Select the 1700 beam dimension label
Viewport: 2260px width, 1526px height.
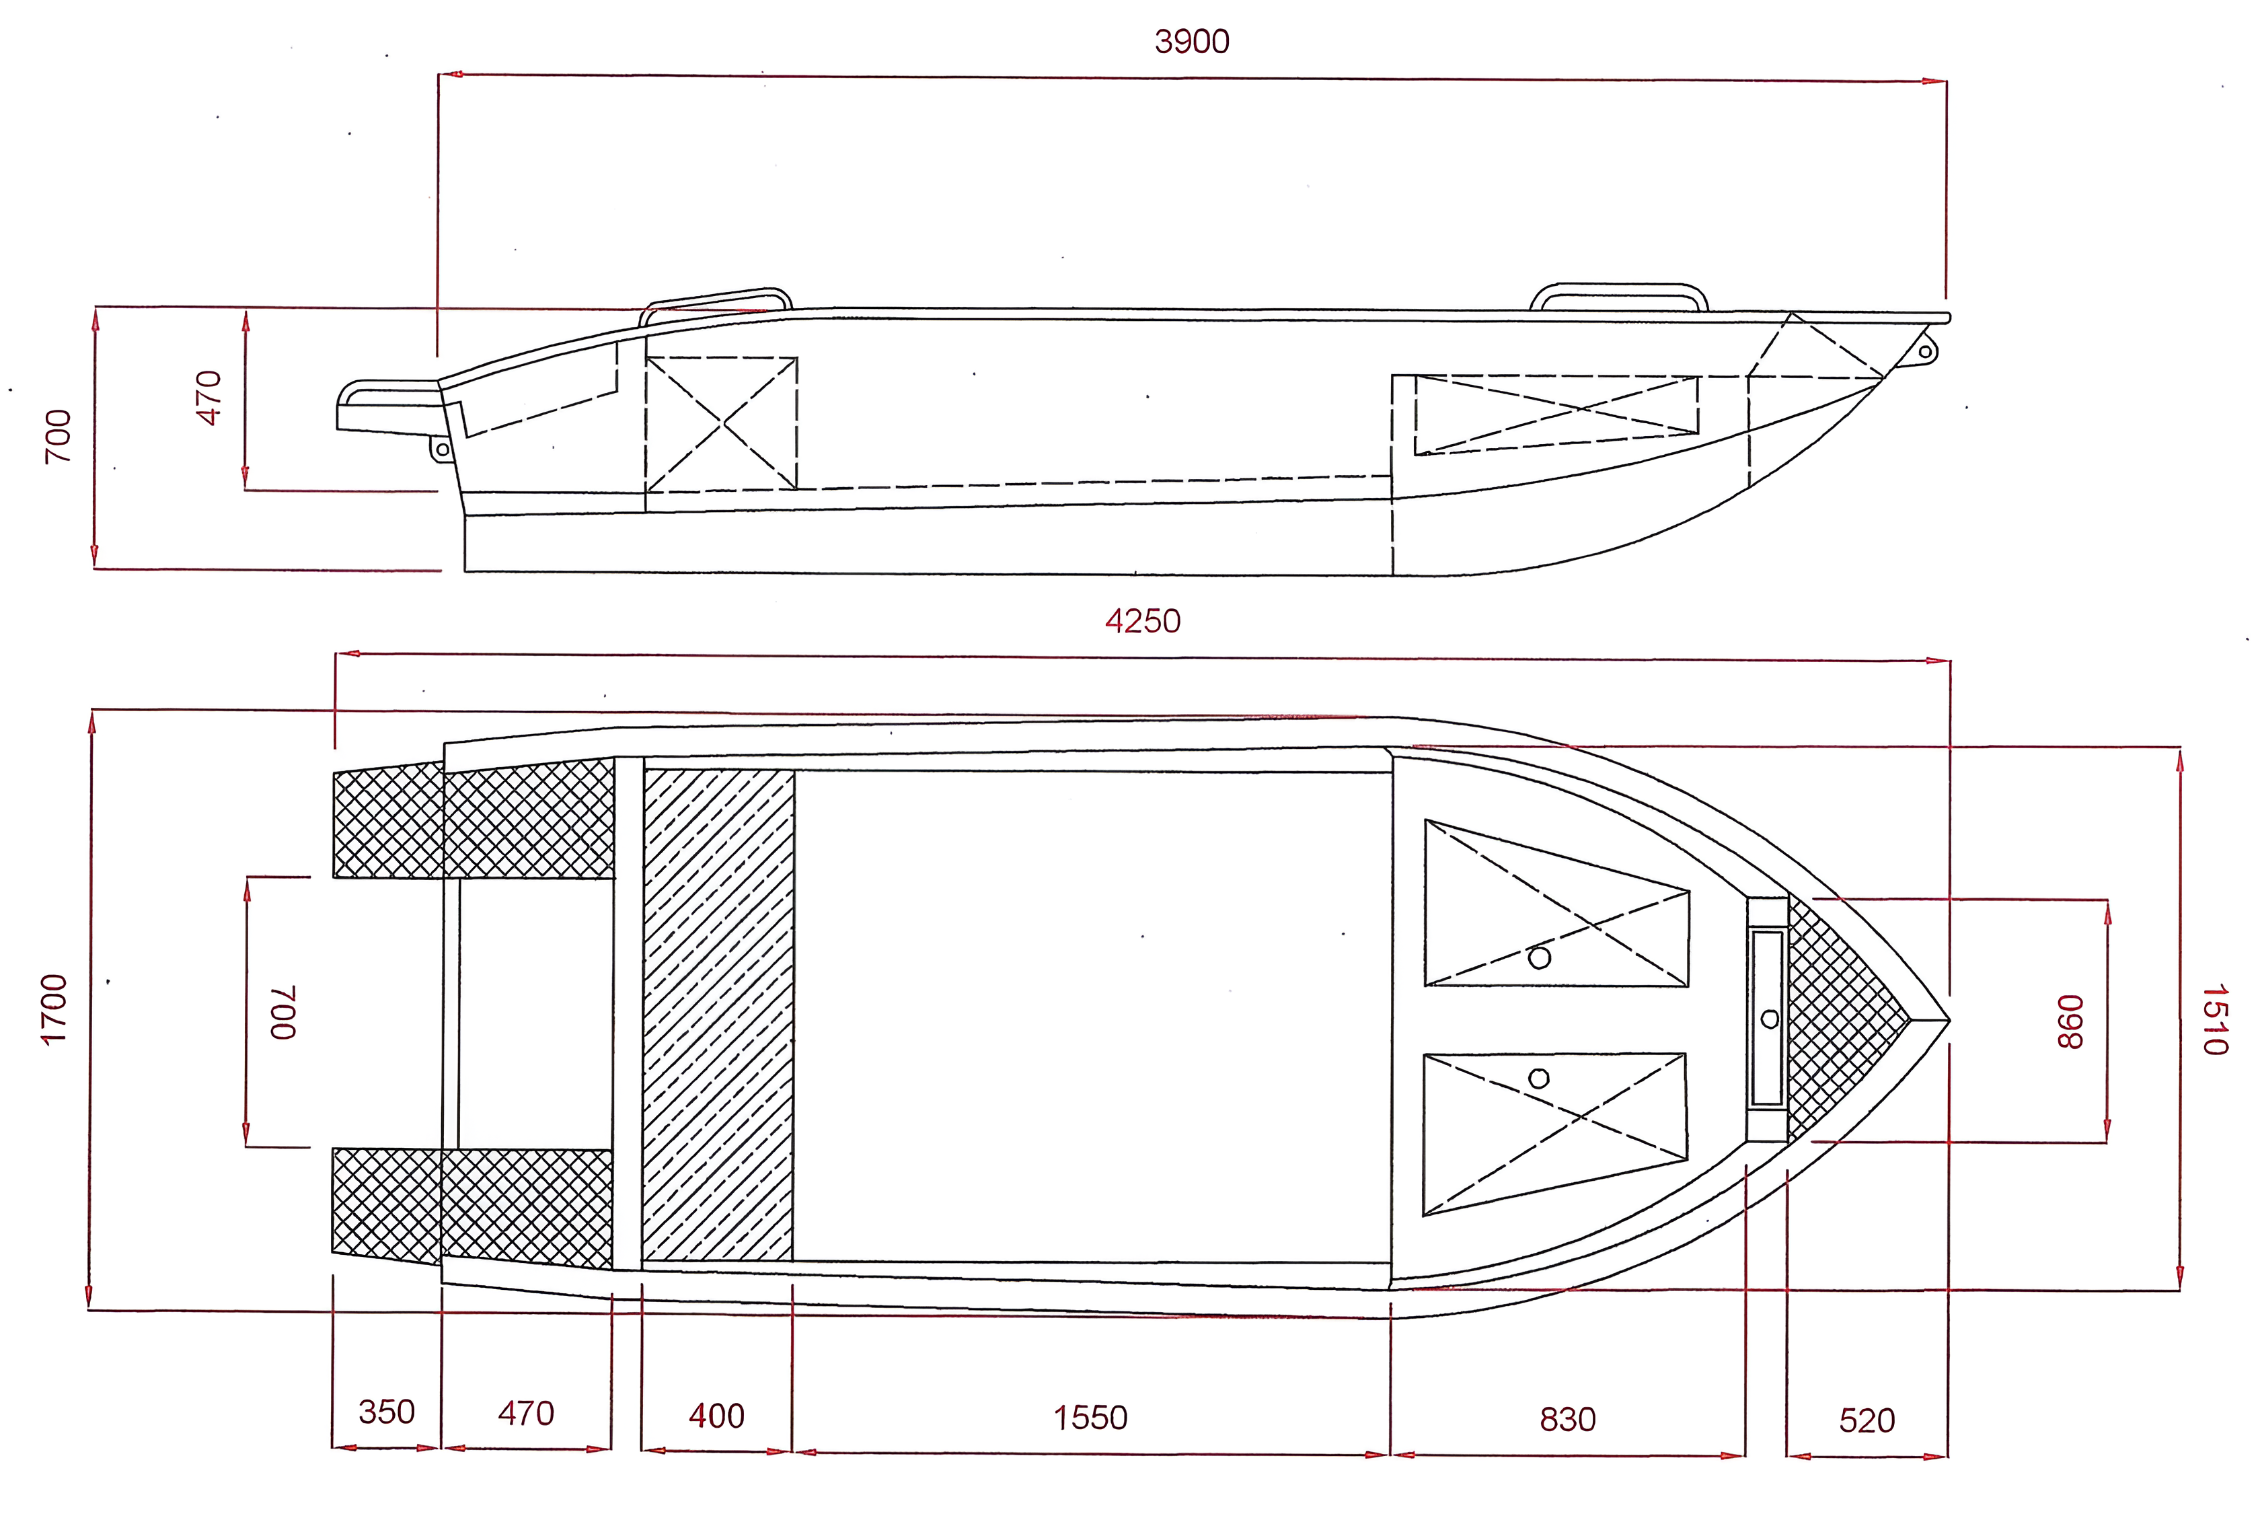54,1009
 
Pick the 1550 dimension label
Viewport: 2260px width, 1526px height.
1090,1418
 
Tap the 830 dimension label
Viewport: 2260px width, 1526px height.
1568,1420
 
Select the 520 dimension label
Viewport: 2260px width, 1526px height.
1866,1421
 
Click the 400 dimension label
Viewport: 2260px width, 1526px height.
717,1416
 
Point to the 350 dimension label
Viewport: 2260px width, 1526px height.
386,1412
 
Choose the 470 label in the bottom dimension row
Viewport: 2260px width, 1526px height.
526,1413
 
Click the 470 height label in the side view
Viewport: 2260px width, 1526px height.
209,398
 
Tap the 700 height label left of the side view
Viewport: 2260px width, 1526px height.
59,436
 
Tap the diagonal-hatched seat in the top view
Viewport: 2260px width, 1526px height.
718,1015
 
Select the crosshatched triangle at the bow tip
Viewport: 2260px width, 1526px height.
1843,1019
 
